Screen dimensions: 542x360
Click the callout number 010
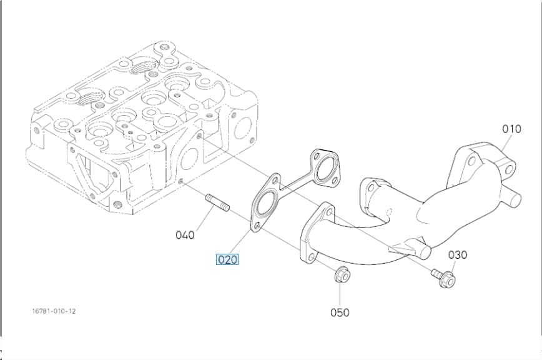click(x=511, y=129)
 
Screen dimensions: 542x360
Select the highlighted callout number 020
click(x=227, y=259)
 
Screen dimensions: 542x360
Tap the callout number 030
click(x=458, y=255)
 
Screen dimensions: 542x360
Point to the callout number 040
click(x=185, y=235)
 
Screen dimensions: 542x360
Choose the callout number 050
click(x=340, y=312)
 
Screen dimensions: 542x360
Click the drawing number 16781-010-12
click(x=54, y=311)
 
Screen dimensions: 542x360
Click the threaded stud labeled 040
click(x=217, y=202)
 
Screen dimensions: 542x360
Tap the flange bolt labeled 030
click(x=443, y=277)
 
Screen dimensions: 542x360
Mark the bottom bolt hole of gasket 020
click(x=257, y=226)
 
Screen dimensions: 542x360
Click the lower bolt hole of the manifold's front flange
click(x=312, y=257)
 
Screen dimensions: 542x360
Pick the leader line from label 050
click(x=340, y=295)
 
